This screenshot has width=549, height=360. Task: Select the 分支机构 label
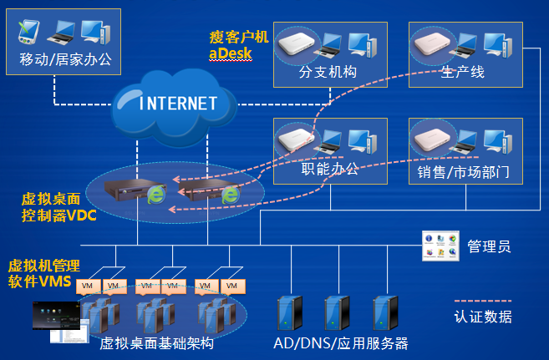[328, 72]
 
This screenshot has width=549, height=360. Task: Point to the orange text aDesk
[230, 53]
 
